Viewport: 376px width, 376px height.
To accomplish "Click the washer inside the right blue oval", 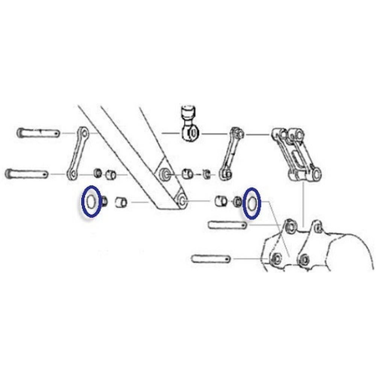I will click(252, 203).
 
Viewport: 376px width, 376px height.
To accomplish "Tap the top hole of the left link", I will click(84, 133).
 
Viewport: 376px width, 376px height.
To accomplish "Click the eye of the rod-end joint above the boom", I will click(191, 132).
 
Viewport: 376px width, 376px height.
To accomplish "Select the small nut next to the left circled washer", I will click(104, 201).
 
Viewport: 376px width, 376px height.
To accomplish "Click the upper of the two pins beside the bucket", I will click(227, 225).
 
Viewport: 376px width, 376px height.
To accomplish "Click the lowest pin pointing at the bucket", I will click(211, 259).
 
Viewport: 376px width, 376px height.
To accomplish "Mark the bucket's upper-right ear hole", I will click(318, 227).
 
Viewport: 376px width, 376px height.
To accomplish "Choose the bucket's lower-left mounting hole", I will click(277, 259).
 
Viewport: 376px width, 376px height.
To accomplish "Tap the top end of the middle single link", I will click(237, 133).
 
